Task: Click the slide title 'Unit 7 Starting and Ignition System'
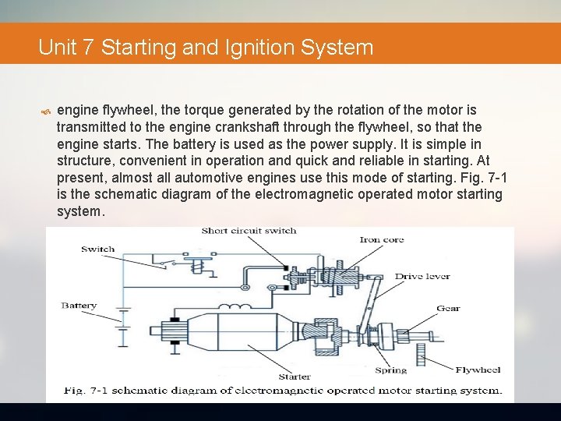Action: coord(206,48)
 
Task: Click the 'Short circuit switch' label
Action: coord(249,231)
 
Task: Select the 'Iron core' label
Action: coord(381,239)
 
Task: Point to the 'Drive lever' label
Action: coord(422,276)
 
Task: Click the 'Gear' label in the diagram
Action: coord(447,308)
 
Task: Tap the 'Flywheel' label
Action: coord(478,370)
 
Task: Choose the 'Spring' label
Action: coord(390,370)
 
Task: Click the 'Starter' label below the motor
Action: coord(294,377)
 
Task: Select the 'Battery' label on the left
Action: coord(79,306)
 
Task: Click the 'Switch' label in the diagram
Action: coord(97,249)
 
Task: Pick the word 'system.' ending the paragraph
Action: coord(80,211)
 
